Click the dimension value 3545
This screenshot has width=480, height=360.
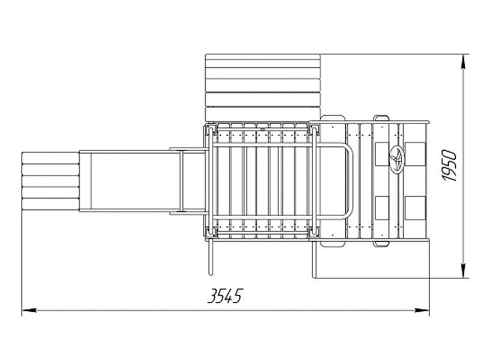[225, 296]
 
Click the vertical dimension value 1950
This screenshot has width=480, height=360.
[450, 166]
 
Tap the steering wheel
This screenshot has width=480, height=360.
[397, 159]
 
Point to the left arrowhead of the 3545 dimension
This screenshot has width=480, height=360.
[29, 310]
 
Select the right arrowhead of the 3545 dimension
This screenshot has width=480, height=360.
[422, 310]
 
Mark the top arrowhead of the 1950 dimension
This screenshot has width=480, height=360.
[464, 62]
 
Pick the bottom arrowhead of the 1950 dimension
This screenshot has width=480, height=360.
[464, 271]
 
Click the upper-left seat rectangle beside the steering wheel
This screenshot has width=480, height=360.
[382, 154]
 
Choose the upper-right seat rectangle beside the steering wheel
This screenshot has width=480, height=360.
[415, 154]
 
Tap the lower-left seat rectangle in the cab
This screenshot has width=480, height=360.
[382, 208]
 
